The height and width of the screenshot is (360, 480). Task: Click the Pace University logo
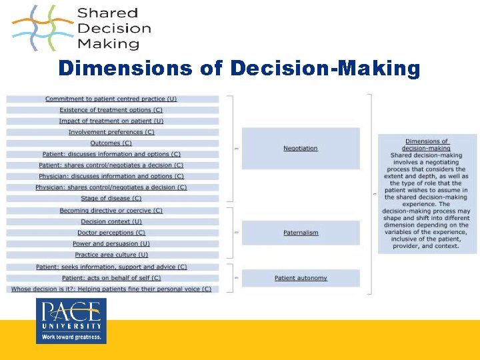click(x=71, y=321)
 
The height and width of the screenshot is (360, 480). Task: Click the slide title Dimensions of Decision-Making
click(x=239, y=69)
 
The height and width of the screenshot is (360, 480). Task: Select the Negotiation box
click(x=300, y=148)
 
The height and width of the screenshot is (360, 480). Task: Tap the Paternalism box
click(x=300, y=233)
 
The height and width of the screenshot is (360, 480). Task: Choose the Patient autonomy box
click(x=300, y=277)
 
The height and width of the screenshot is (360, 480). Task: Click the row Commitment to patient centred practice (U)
click(x=111, y=99)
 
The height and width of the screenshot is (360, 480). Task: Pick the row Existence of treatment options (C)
click(x=111, y=110)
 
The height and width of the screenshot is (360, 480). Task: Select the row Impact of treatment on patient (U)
click(x=111, y=121)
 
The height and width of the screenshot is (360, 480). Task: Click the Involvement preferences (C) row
click(x=111, y=132)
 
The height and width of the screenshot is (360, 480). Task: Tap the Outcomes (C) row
click(x=111, y=143)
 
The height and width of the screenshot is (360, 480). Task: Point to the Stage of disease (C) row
click(x=111, y=198)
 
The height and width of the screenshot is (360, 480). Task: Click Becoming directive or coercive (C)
click(x=111, y=211)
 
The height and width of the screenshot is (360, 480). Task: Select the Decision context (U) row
click(x=111, y=221)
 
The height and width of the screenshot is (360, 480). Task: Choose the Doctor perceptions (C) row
click(x=111, y=233)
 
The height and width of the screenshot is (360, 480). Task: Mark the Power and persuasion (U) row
click(x=111, y=243)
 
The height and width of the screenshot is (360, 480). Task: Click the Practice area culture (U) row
click(x=111, y=255)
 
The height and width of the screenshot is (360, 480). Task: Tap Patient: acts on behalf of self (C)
click(x=111, y=277)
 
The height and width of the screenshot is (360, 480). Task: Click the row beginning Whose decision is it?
click(x=111, y=289)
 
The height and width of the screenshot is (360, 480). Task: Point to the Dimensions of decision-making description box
click(x=427, y=193)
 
